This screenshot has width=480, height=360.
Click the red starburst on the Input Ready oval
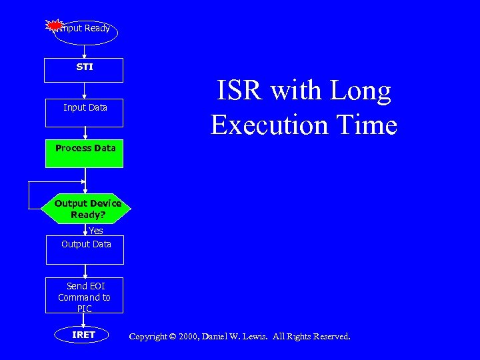[55, 25]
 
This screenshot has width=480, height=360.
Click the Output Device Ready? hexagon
[87, 209]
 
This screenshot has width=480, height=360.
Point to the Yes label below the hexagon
[96, 231]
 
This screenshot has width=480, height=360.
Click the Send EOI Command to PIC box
[85, 296]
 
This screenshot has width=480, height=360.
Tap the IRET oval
[84, 335]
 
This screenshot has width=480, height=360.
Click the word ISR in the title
[238, 91]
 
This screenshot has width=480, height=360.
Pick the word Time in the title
[368, 125]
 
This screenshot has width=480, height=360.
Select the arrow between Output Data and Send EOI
[85, 269]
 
